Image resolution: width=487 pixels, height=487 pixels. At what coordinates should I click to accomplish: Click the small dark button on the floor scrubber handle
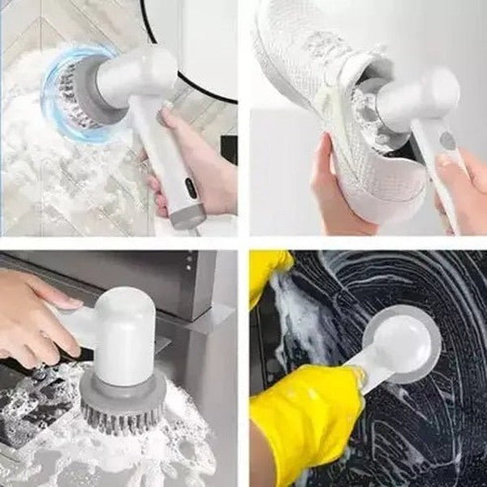[188, 187]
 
